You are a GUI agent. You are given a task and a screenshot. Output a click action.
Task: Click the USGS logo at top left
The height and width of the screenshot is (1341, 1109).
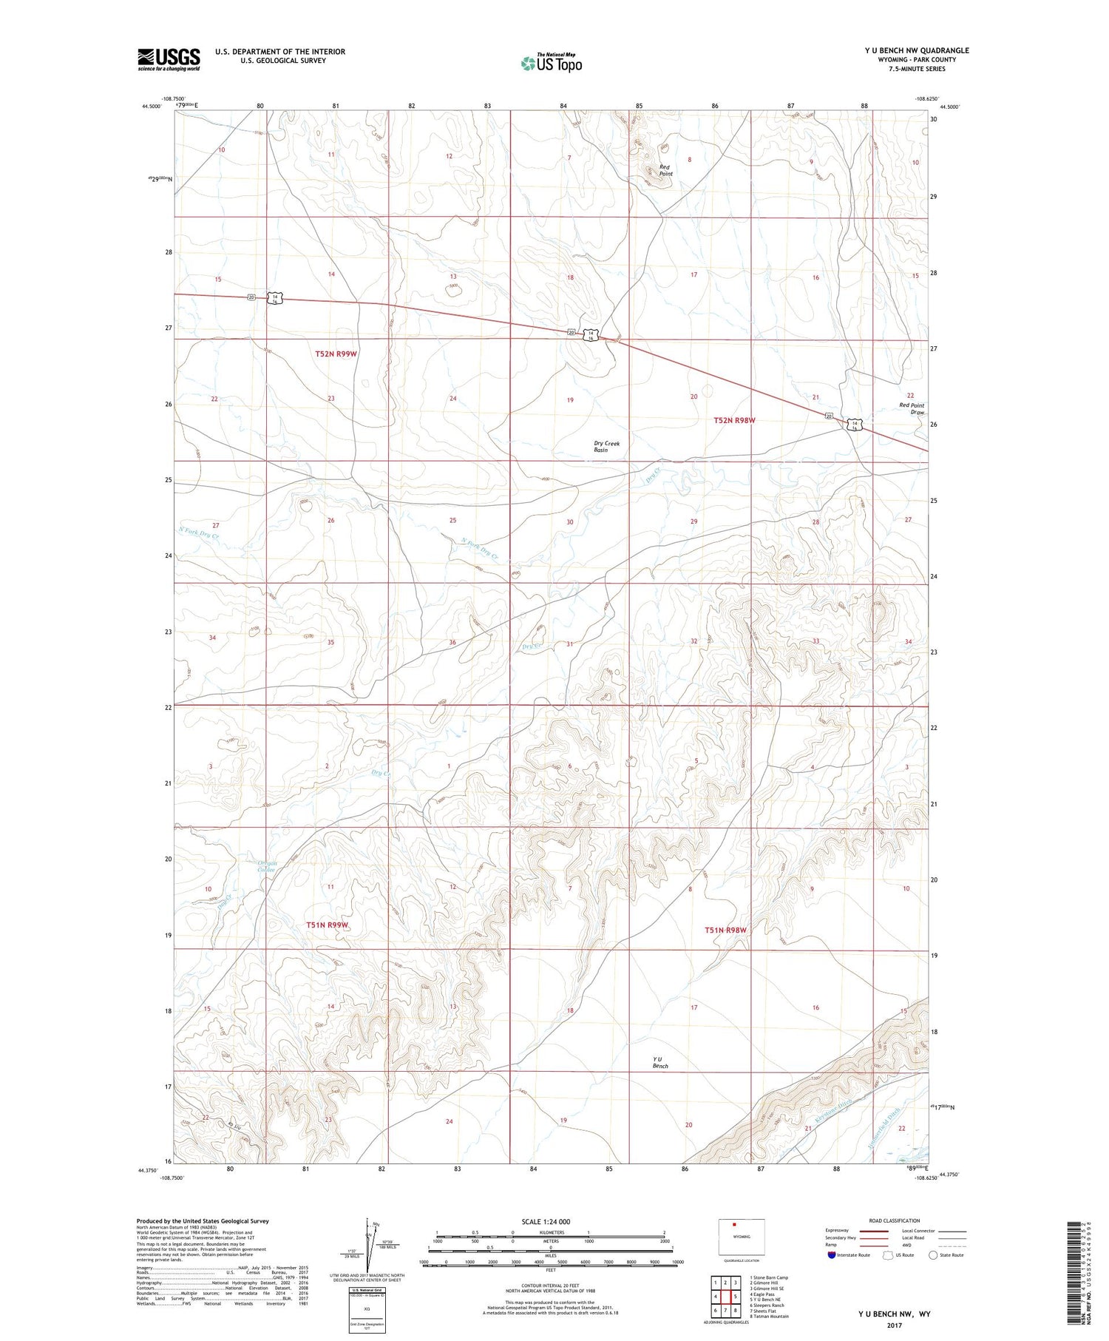[169, 59]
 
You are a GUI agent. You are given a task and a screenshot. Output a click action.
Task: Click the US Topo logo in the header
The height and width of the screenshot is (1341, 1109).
[552, 63]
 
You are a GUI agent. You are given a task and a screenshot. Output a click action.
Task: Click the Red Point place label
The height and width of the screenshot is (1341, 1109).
[665, 170]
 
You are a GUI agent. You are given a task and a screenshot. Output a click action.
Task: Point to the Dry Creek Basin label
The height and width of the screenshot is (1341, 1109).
[606, 447]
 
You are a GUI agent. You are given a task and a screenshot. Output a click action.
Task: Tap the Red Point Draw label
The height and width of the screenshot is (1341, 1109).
[912, 409]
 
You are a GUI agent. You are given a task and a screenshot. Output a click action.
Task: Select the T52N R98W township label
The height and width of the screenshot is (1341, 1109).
[734, 420]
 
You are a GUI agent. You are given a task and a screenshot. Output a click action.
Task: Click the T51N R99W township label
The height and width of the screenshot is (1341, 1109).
[327, 925]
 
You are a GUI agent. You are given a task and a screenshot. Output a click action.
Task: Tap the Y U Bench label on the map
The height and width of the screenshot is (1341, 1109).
[660, 1062]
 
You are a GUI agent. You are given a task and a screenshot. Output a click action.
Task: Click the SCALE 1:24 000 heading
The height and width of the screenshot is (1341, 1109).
[546, 1221]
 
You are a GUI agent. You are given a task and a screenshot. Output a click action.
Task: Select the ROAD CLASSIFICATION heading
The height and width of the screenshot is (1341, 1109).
[894, 1220]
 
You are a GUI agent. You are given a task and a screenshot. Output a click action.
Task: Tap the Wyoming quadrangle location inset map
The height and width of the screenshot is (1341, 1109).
[742, 1237]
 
